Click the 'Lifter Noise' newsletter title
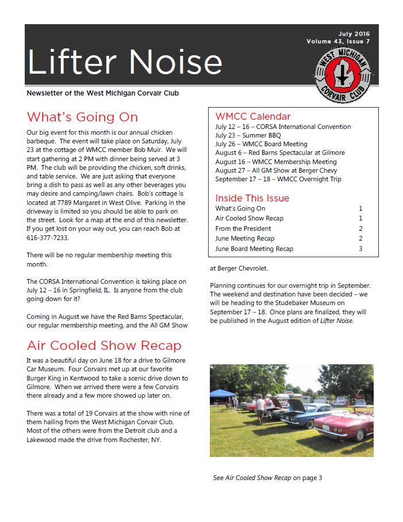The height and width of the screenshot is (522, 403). pos(124,62)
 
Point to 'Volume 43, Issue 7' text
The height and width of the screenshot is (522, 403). pos(338,41)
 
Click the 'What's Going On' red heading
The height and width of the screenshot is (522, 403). pos(82,117)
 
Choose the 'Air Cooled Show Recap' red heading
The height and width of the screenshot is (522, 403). pos(104,346)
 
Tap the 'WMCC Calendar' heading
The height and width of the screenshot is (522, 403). pos(253,116)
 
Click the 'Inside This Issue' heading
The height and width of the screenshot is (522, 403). pos(252,198)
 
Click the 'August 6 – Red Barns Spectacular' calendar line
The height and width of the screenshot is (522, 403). pos(280,153)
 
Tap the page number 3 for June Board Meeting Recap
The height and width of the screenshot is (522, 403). pos(360,249)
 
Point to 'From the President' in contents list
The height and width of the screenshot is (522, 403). pos(243,228)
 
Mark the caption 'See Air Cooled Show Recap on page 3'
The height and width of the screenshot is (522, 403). pos(267,478)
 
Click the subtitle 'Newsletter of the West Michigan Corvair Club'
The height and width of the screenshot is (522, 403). pos(106,93)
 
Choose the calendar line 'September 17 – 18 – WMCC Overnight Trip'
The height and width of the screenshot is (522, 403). pos(278,179)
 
